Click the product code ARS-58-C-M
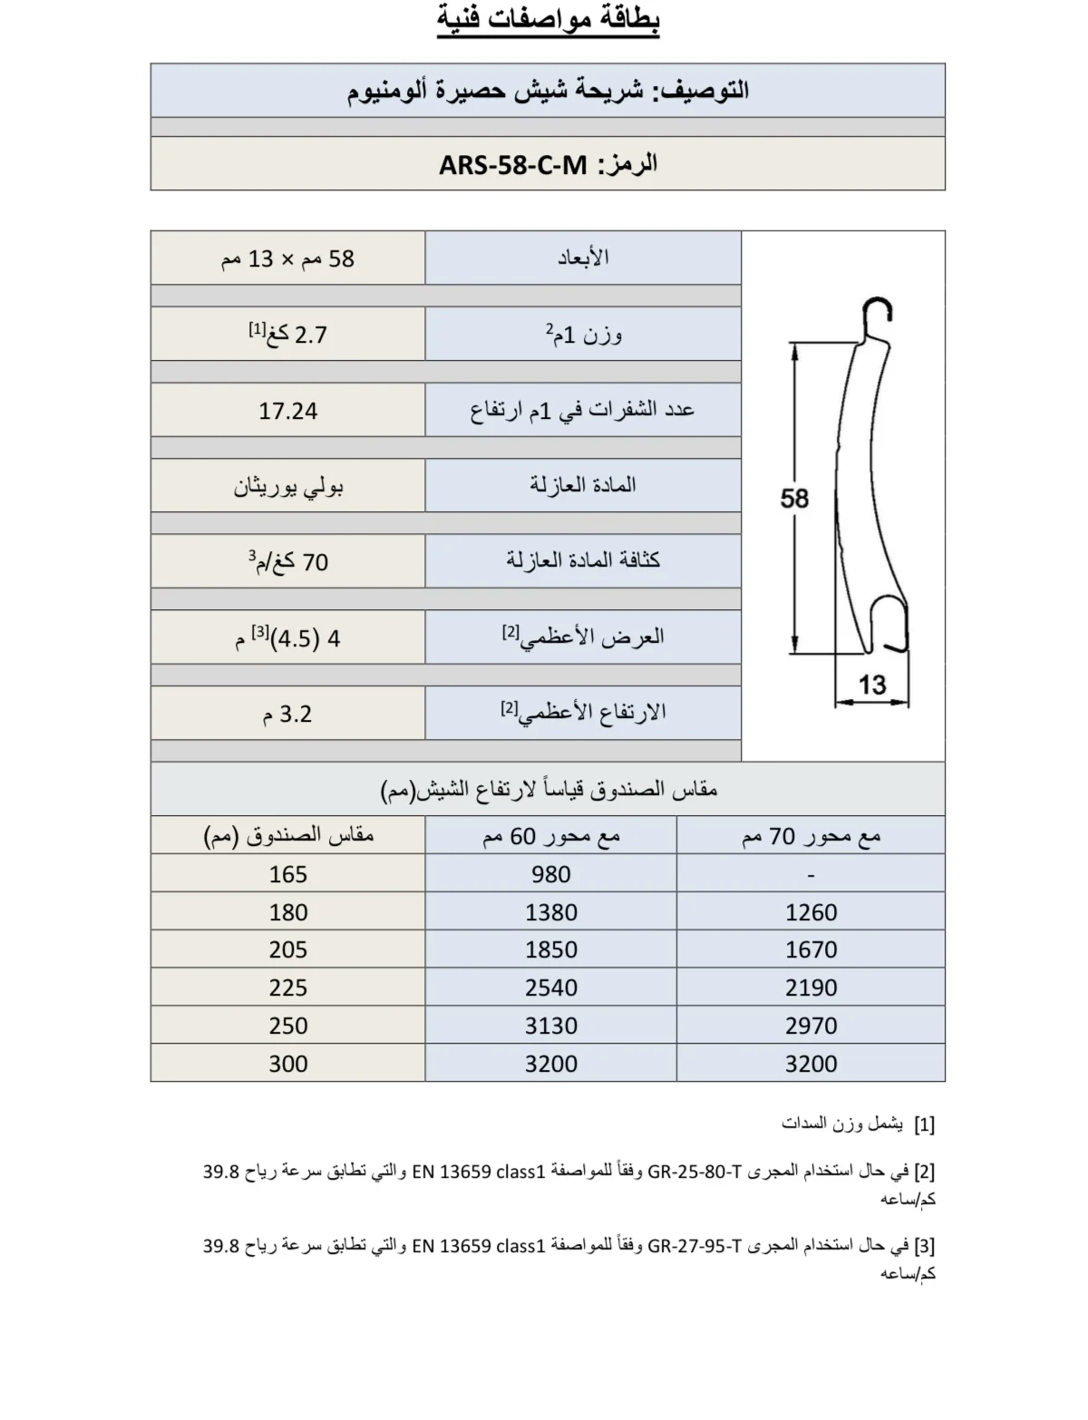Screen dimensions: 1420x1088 513,165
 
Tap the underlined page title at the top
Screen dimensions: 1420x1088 548,19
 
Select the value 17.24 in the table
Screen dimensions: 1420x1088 287,411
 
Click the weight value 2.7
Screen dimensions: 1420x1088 310,336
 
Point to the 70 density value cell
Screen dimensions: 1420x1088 288,562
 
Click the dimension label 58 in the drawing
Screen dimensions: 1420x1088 794,498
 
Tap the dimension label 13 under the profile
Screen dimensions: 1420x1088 871,685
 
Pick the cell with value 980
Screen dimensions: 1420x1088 550,874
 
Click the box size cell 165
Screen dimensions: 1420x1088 287,874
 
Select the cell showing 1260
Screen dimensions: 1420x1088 811,912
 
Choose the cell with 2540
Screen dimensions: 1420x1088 550,987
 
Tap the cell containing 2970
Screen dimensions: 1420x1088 811,1026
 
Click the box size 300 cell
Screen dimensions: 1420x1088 287,1064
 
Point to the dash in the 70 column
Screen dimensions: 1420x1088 811,875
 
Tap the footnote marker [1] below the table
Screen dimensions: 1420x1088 924,1125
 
